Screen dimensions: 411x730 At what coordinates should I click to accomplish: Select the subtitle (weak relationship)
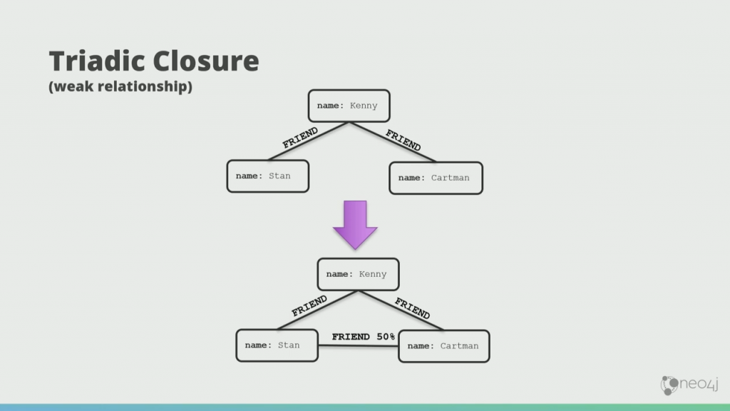(x=120, y=88)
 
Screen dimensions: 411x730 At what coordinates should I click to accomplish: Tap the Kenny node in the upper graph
(x=349, y=106)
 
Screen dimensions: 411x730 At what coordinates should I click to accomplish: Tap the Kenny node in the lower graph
(x=358, y=274)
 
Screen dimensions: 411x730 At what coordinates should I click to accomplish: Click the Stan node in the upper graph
(x=268, y=176)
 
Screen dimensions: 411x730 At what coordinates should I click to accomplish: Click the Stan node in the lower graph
(x=277, y=345)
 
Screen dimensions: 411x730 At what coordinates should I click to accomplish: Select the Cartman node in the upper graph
(x=436, y=178)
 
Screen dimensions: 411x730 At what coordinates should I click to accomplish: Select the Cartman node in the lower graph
(x=444, y=346)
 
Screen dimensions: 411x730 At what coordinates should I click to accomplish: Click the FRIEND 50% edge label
(x=363, y=337)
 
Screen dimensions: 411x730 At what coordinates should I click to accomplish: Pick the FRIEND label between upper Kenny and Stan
(x=300, y=138)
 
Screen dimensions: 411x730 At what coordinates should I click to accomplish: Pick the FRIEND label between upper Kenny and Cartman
(x=403, y=140)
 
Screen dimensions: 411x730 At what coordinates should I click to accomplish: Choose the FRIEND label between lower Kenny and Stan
(x=309, y=306)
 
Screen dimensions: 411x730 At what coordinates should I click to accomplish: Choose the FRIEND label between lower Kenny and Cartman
(x=412, y=308)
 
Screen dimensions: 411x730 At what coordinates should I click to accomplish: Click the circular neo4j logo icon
(x=669, y=385)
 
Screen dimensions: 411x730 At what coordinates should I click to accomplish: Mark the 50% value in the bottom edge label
(x=386, y=337)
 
